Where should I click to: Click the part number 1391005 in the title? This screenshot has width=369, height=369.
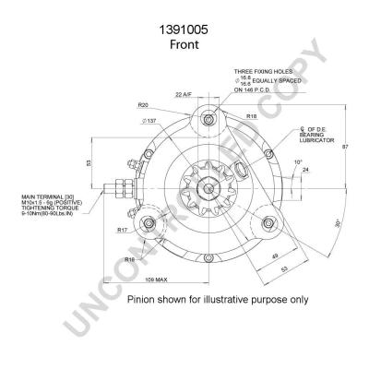tap(184, 30)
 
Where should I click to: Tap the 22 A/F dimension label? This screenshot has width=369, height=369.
tap(184, 94)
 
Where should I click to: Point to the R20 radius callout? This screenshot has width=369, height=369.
tap(144, 104)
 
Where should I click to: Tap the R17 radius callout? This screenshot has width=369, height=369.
tap(122, 231)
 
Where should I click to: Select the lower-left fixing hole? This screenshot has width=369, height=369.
tap(145, 224)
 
